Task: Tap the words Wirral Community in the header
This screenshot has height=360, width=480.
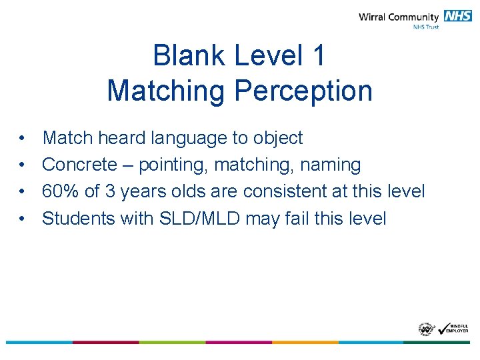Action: [x=399, y=17]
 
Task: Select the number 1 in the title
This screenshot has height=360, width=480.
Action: [x=318, y=55]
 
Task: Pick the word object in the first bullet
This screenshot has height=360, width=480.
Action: [x=277, y=138]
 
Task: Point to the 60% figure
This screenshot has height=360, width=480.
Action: [x=61, y=191]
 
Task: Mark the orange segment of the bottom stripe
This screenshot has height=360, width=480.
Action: [x=305, y=342]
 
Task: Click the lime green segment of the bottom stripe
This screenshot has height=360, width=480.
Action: [x=172, y=342]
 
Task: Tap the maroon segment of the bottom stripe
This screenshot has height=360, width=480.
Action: [x=105, y=342]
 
